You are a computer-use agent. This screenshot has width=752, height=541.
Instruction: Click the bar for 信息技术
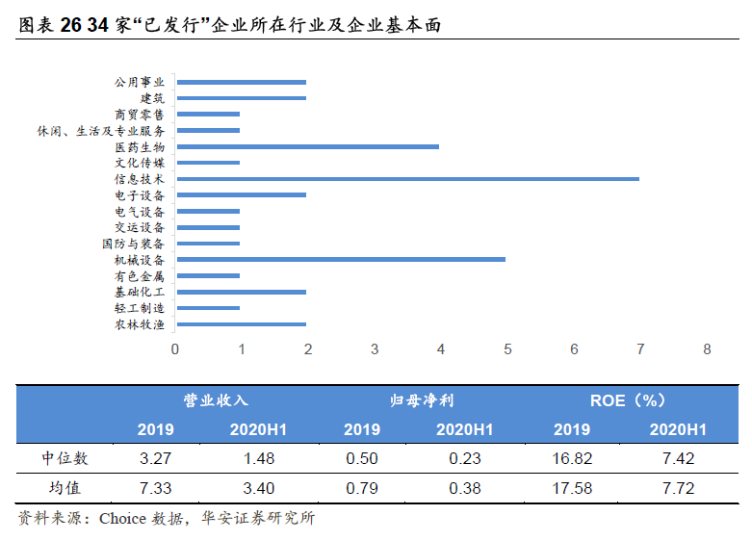click(407, 179)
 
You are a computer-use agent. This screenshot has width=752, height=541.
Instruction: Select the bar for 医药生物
click(308, 146)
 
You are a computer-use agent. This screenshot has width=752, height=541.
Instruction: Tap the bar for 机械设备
click(341, 260)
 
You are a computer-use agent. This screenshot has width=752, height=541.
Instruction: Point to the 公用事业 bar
click(242, 83)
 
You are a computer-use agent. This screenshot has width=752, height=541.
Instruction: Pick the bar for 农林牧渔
click(242, 324)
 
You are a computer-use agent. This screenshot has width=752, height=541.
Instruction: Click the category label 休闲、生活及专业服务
click(101, 131)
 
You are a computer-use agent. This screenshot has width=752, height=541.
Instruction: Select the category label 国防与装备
click(133, 244)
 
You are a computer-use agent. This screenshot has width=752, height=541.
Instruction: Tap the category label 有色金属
click(139, 275)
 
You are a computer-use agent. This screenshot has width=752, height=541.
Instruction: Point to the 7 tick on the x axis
click(640, 349)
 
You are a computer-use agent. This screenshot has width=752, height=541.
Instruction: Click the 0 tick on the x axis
click(175, 349)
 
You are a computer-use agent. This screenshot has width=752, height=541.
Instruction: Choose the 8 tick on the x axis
click(707, 349)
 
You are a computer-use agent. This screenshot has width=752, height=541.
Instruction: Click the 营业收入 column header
click(216, 400)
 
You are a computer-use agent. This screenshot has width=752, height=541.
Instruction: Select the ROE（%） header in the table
click(628, 400)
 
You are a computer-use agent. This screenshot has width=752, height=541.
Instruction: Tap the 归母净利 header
click(422, 400)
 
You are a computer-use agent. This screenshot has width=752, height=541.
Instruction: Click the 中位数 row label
click(65, 458)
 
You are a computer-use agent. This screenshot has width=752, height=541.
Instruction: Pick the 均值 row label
click(65, 488)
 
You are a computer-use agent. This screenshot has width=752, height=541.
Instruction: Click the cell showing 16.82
click(572, 458)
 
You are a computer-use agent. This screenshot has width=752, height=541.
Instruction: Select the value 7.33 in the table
click(155, 488)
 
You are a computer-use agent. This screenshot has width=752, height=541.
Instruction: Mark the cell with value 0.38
click(465, 488)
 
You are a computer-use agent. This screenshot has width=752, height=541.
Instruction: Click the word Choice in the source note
click(123, 519)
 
